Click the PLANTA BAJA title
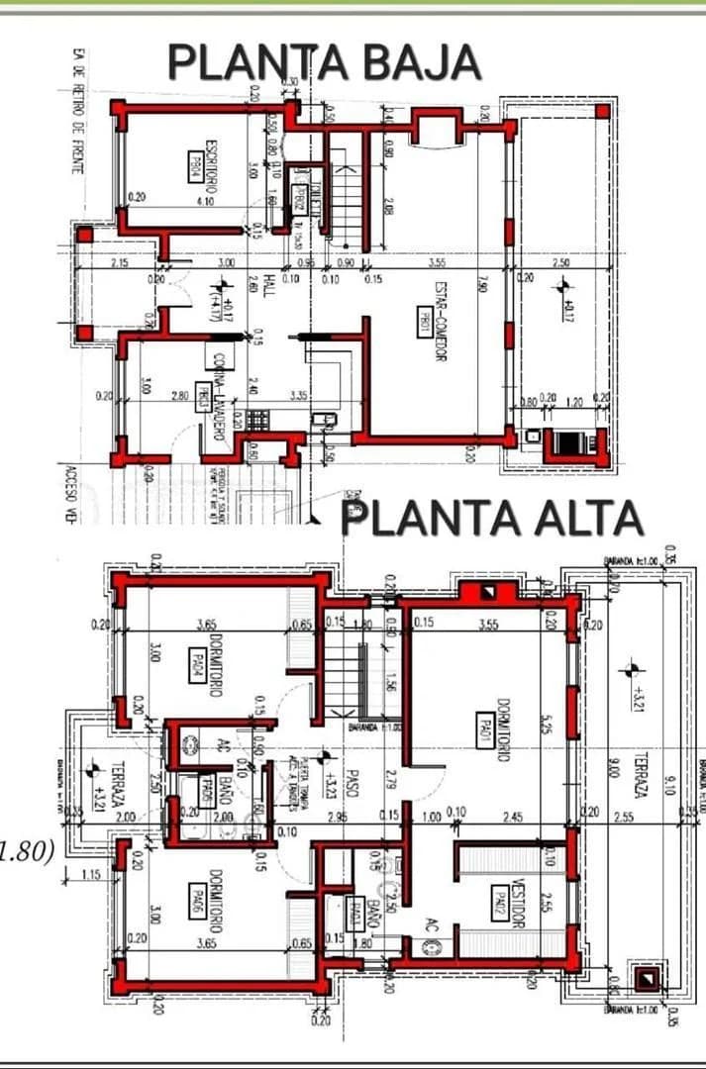coord(325,62)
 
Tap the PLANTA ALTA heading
coord(492,518)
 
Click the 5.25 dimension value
coord(545,727)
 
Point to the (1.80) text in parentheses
coord(27,850)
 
